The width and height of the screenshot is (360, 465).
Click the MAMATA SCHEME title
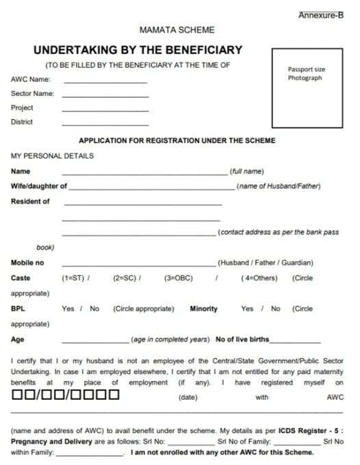click(177, 30)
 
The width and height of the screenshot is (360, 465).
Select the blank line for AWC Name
click(105, 82)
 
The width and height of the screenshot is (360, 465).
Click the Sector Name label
click(32, 94)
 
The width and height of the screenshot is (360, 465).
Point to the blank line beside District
click(105, 125)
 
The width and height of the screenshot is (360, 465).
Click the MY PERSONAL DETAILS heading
click(53, 155)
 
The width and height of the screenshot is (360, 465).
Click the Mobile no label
click(27, 263)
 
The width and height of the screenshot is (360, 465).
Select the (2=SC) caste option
click(124, 279)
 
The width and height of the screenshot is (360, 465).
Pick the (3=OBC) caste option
click(179, 279)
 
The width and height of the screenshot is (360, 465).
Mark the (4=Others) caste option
click(259, 279)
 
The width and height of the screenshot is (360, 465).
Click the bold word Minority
click(204, 309)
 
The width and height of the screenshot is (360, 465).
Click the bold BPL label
click(18, 309)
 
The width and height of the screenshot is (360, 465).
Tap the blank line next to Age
click(95, 340)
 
